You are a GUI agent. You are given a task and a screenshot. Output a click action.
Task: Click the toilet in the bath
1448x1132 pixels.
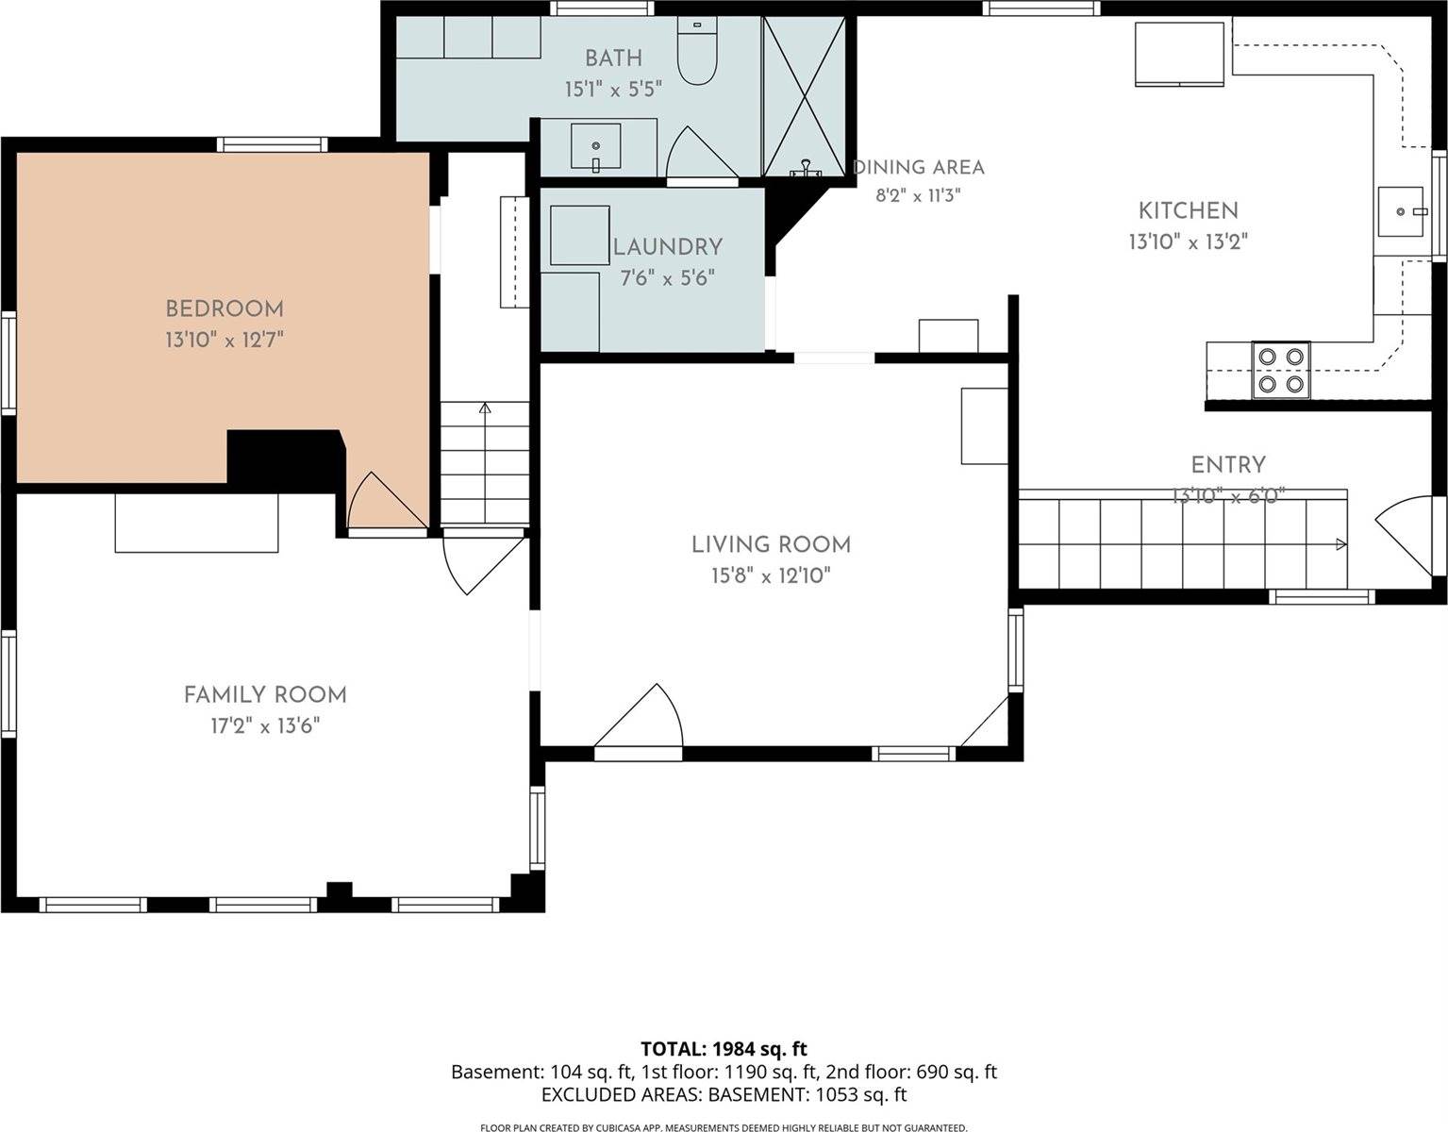(697, 51)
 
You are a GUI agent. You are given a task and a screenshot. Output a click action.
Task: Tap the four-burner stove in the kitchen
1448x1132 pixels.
(1281, 370)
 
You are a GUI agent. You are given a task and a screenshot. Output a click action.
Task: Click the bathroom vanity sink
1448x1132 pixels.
(596, 146)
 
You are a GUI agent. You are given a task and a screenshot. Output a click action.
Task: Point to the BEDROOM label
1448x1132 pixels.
(225, 309)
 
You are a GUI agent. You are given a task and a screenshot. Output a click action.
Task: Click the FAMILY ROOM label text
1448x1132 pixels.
(265, 695)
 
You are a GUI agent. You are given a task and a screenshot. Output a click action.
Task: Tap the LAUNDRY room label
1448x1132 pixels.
(668, 247)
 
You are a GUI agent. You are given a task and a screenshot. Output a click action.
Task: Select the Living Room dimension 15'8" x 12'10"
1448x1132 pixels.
(771, 575)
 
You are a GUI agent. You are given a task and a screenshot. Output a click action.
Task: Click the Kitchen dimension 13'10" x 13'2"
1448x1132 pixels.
(1189, 241)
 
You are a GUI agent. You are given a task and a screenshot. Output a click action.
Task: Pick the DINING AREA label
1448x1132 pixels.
(918, 167)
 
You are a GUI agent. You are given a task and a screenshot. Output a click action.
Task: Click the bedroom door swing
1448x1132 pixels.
(387, 500)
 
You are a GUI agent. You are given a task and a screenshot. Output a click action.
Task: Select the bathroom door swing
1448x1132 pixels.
(700, 152)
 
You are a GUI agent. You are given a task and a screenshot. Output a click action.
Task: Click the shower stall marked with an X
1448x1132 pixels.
(805, 97)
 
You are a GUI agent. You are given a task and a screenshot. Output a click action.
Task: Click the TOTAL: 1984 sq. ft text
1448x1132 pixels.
(724, 1049)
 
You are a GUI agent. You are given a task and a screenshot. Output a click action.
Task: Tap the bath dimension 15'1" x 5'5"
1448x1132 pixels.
(613, 90)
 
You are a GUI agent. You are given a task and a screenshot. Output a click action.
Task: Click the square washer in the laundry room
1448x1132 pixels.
(580, 235)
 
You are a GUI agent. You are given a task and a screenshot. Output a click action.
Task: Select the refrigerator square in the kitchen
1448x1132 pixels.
(1179, 54)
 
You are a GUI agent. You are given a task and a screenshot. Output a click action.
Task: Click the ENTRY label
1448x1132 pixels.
(1228, 465)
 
